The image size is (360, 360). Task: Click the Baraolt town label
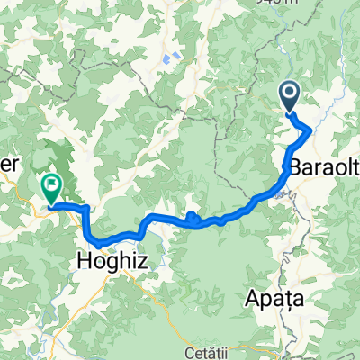click(x=325, y=167)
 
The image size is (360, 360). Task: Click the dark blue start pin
click(x=290, y=96)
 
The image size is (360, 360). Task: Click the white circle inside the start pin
click(x=290, y=91)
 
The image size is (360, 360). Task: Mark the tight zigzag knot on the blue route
click(x=193, y=215)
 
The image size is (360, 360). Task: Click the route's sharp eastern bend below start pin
click(x=310, y=130)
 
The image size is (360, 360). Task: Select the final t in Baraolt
click(x=355, y=167)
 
